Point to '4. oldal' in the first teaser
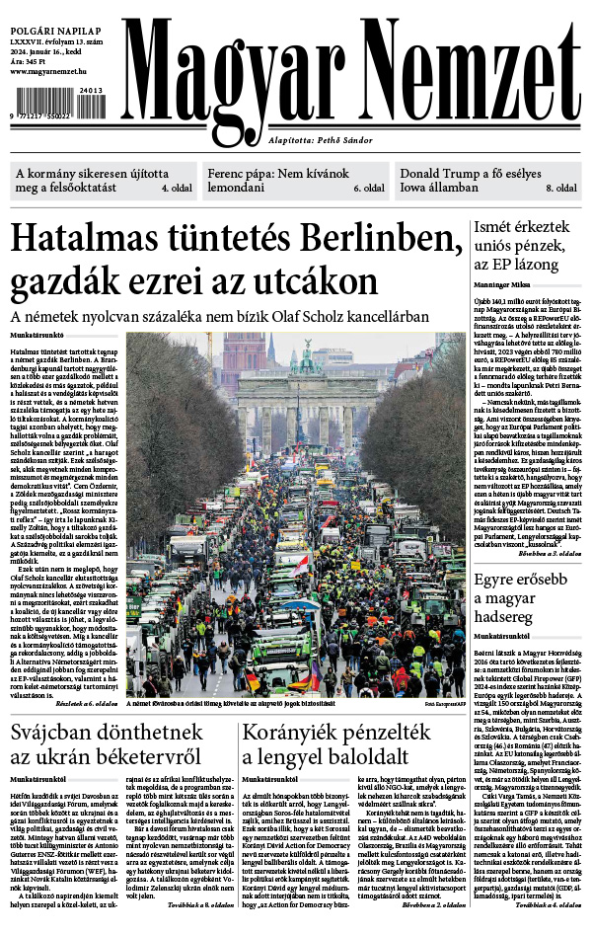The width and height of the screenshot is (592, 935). click(177, 187)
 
